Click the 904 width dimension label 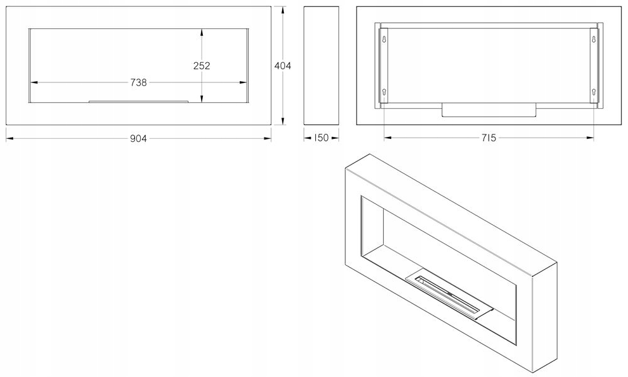(139, 139)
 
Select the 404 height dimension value (283, 65)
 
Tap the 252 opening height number (202, 65)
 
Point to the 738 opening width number (139, 82)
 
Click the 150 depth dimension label (321, 138)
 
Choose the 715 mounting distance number (489, 138)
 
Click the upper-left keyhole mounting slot (384, 40)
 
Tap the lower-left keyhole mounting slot (384, 92)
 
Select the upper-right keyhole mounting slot (593, 40)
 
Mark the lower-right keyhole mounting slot (593, 92)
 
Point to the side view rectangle (321, 65)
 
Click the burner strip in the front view (139, 101)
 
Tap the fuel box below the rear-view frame (489, 109)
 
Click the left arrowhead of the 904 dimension (9, 139)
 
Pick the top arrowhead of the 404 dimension (283, 10)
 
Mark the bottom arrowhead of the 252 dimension (202, 99)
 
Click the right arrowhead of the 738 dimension (243, 82)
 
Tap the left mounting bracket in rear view (384, 66)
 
